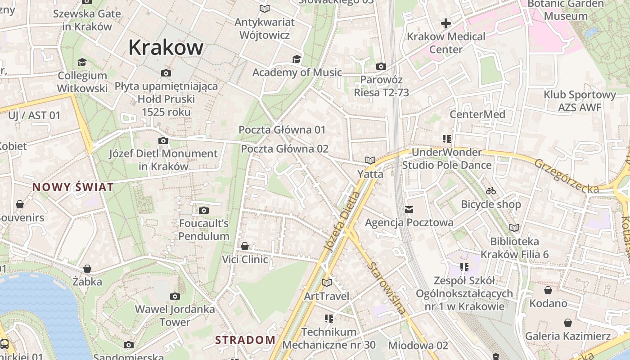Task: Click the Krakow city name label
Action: click(x=166, y=47)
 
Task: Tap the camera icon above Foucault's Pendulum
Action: click(x=204, y=210)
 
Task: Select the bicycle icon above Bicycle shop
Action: click(x=491, y=191)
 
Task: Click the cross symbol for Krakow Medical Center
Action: click(x=446, y=23)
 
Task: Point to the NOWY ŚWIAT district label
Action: click(x=73, y=187)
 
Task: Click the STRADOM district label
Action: click(x=245, y=340)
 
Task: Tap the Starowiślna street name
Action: click(x=387, y=288)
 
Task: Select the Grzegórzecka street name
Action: click(x=567, y=176)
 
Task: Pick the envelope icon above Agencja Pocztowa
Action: click(x=409, y=209)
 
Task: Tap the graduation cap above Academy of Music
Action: click(x=297, y=59)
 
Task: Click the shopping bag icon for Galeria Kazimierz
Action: click(x=568, y=323)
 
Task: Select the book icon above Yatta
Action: click(x=370, y=160)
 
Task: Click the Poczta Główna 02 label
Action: click(x=284, y=149)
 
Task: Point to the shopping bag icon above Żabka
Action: click(x=87, y=269)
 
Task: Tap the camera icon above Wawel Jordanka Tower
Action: click(x=175, y=296)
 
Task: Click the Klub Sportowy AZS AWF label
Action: click(x=580, y=101)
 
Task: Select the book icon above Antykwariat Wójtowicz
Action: click(x=265, y=9)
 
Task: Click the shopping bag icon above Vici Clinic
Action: click(x=245, y=246)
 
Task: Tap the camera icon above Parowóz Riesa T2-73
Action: click(x=381, y=67)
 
